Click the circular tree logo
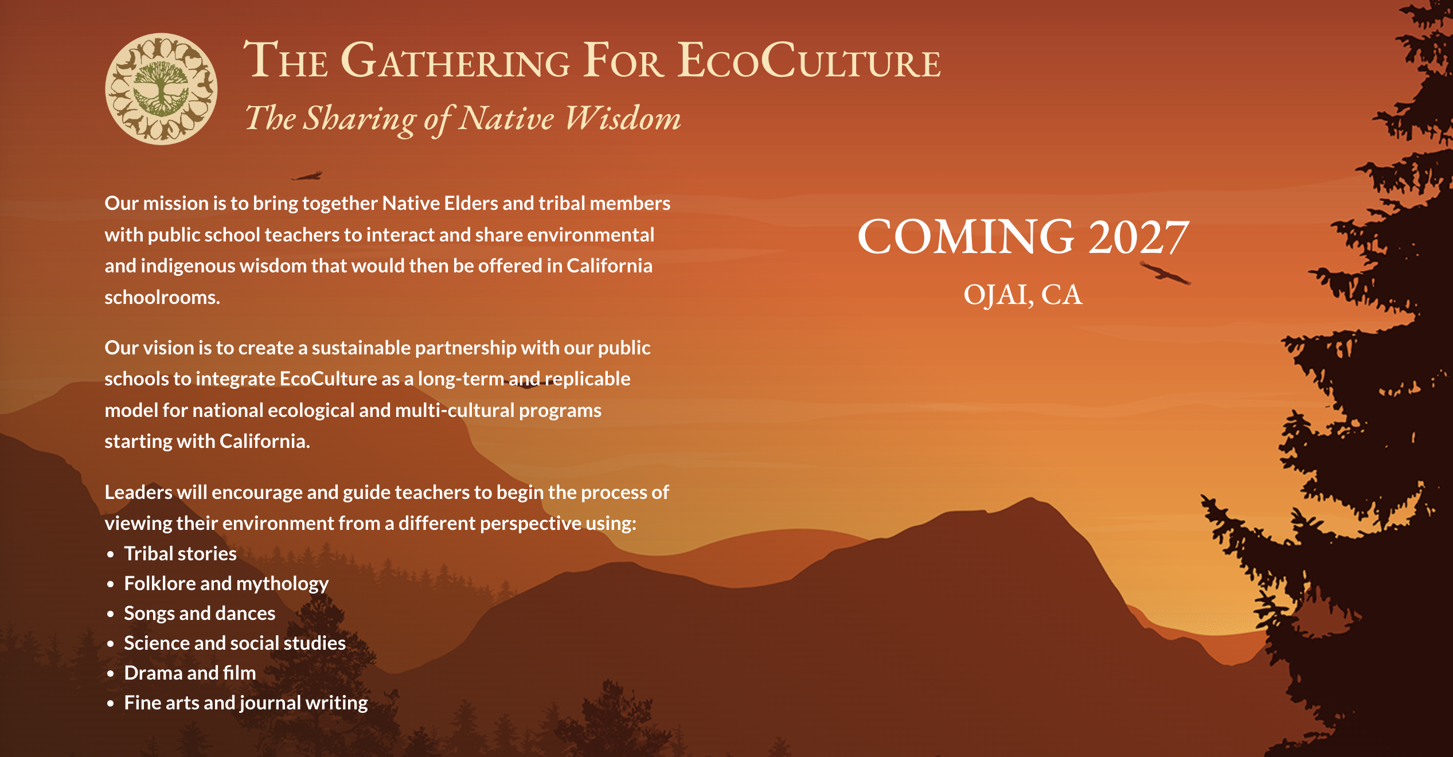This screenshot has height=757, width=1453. click(161, 89)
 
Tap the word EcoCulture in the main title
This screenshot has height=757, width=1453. click(808, 60)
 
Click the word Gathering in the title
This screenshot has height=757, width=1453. click(455, 60)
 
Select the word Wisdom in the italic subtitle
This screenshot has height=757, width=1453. click(623, 119)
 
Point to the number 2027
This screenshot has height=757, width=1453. click(1138, 237)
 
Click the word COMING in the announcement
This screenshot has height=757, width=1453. click(966, 237)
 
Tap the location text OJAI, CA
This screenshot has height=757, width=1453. click(1023, 295)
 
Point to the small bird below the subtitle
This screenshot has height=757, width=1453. click(307, 175)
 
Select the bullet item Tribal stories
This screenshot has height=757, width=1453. click(180, 553)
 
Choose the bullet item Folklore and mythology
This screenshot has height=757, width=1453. click(226, 584)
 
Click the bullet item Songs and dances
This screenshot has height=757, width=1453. click(200, 614)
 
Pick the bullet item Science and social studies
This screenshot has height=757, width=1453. click(235, 643)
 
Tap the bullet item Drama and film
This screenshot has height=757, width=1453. click(190, 673)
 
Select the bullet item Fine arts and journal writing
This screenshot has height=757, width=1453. click(246, 703)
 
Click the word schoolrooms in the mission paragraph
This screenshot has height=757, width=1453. click(162, 297)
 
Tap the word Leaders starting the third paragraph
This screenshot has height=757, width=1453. click(138, 492)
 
